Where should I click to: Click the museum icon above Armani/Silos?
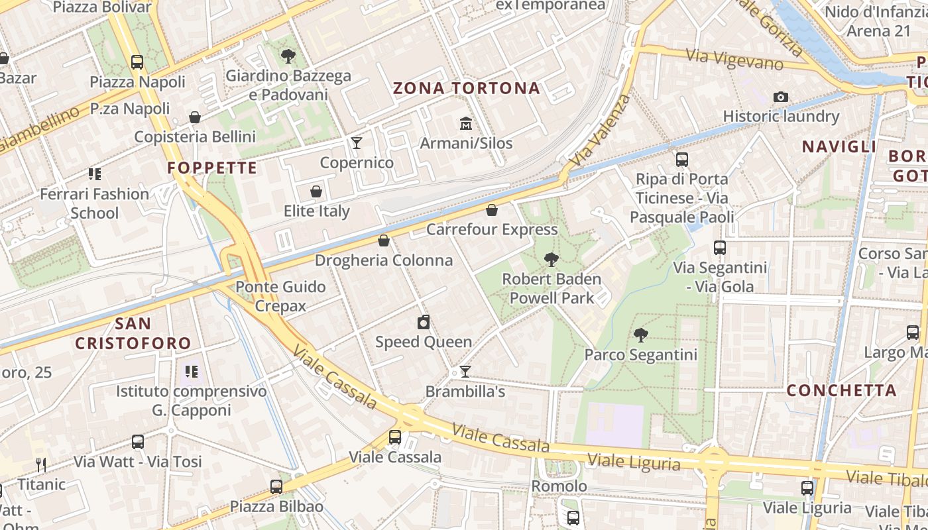(x=465, y=123)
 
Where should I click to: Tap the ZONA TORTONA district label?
(x=467, y=88)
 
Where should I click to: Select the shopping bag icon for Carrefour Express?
(x=492, y=210)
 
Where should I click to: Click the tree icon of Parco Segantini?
(x=640, y=335)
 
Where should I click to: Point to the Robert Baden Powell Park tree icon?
(x=551, y=260)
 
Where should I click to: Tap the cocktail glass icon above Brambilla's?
(x=465, y=372)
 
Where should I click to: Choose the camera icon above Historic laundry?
(x=781, y=97)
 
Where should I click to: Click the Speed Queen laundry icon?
(x=424, y=323)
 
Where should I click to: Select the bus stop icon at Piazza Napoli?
(x=137, y=62)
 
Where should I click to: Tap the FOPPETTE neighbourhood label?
(x=212, y=168)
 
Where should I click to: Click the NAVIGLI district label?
(x=839, y=147)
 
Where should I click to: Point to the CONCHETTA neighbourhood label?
(x=841, y=390)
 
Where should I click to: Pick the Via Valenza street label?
(x=601, y=131)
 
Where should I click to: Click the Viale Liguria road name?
(x=634, y=461)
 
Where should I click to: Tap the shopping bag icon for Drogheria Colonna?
(x=383, y=240)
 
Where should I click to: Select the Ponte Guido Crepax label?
(x=281, y=296)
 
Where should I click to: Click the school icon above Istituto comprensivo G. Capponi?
(x=192, y=372)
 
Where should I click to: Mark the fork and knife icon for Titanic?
(x=41, y=465)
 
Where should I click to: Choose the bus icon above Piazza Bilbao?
(x=276, y=487)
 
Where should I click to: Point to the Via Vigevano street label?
(x=734, y=60)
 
